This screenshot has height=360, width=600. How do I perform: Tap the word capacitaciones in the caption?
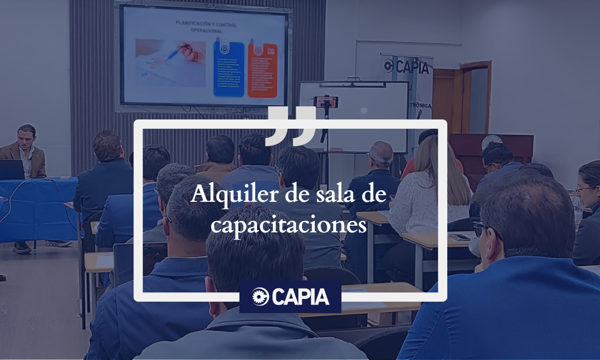(289, 225)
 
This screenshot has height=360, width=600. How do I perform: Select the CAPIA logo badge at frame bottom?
(290, 297)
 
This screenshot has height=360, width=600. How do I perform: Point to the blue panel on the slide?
(229, 70)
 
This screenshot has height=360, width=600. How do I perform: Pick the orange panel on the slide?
(262, 70)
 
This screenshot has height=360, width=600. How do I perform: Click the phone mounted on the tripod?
(326, 101)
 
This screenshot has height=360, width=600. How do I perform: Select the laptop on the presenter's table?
(12, 170)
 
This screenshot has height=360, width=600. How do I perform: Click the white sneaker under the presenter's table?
(58, 243)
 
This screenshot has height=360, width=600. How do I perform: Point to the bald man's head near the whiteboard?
(381, 154)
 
